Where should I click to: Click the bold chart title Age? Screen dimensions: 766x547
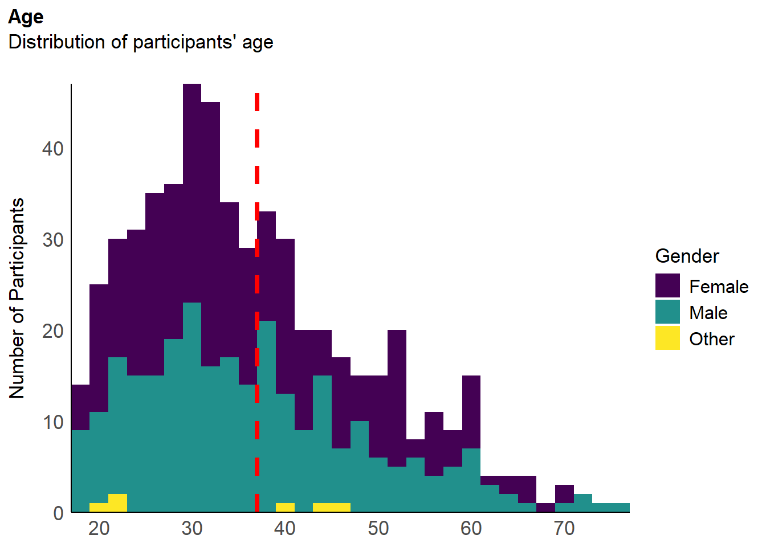coord(26,18)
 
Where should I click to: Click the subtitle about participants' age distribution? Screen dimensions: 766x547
coord(141,42)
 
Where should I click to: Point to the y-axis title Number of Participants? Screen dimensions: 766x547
coord(17,298)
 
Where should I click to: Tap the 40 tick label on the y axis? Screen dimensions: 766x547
coord(52,149)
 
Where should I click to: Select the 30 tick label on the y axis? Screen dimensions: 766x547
coord(52,240)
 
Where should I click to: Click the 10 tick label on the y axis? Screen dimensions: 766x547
coord(52,423)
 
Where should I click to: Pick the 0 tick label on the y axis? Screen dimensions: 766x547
coord(59,514)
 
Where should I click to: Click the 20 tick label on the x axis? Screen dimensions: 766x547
coord(99,529)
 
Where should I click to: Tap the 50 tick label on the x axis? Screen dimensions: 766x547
coord(378,529)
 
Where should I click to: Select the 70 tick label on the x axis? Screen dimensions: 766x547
coord(564,529)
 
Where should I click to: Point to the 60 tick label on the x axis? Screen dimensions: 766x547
coord(471,529)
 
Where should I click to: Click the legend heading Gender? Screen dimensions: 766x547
coord(687,256)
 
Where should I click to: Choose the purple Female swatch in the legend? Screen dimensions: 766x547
coord(667,285)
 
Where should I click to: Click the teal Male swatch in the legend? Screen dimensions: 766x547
coord(667,312)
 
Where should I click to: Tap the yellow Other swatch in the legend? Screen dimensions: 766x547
coord(667,338)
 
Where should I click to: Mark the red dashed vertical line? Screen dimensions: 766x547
coord(257,302)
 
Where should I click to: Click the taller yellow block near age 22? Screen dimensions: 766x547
coord(117,503)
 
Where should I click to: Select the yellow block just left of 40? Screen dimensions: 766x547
coord(285,507)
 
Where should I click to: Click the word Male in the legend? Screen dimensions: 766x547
coord(708,313)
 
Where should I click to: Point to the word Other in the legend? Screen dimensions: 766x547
coord(712,339)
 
